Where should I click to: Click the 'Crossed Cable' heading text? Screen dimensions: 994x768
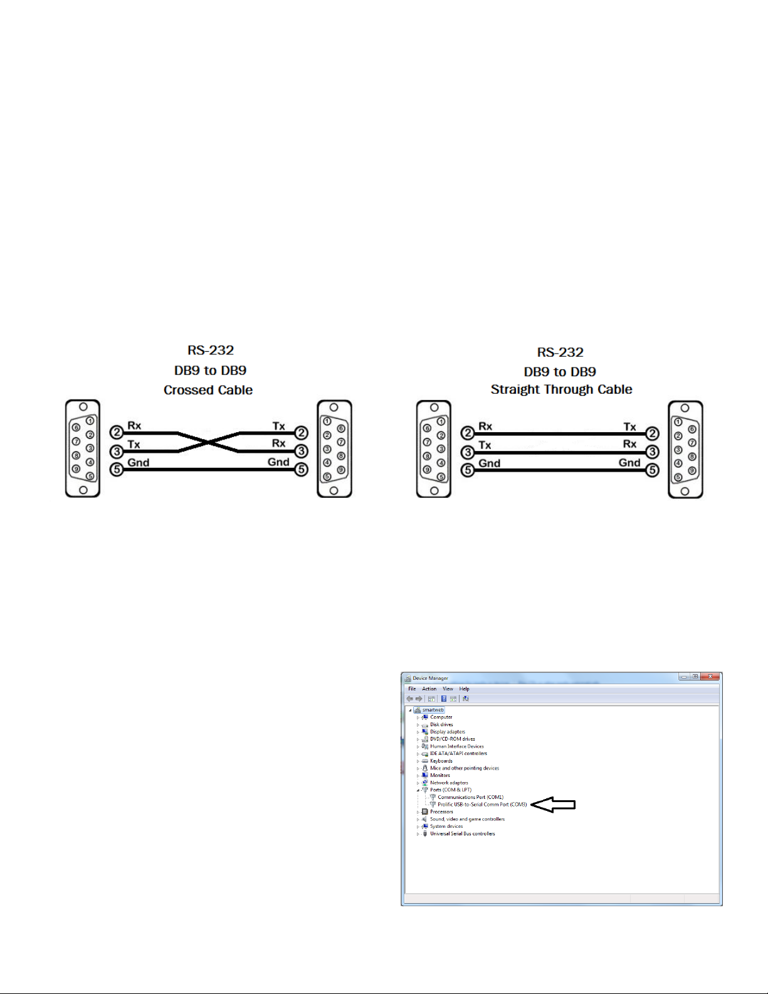208,390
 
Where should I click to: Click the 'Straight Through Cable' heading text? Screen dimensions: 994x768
561,389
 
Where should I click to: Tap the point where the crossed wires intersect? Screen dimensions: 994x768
208,441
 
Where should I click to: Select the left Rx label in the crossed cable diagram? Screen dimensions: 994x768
134,426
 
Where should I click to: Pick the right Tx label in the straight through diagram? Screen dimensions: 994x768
629,427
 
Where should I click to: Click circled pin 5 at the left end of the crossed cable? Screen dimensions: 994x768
117,469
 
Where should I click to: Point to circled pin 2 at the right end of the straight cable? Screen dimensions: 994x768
652,433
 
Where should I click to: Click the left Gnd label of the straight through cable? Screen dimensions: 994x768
489,463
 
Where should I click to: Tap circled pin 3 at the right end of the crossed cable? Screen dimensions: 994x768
302,451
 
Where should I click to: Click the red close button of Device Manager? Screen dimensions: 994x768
710,677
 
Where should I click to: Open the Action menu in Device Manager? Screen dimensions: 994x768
429,689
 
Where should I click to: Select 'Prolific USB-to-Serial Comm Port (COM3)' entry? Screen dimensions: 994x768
481,805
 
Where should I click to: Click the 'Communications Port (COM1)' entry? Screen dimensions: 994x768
470,797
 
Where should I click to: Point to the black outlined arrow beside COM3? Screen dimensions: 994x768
553,805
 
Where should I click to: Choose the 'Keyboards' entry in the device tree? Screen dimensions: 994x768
441,761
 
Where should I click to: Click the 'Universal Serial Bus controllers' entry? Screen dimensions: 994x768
462,833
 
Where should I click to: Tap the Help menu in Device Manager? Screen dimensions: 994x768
464,689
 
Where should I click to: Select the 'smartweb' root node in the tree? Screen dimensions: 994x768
433,710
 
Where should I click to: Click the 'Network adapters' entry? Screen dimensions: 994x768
449,783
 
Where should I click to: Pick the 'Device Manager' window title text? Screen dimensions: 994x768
430,678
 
